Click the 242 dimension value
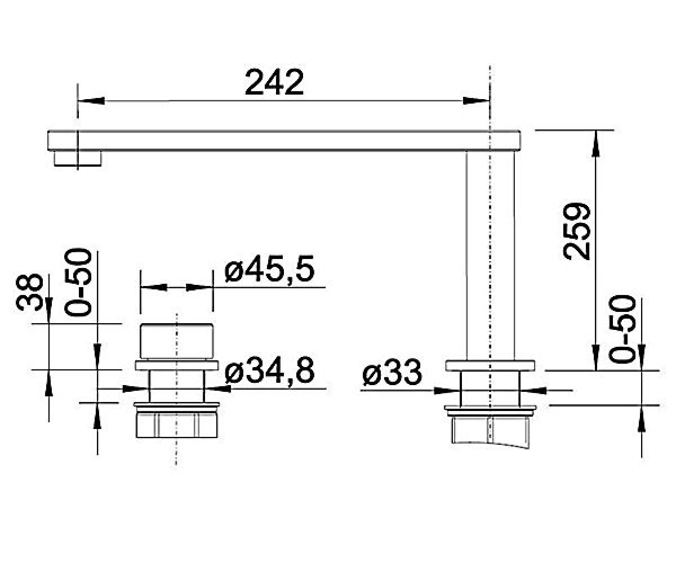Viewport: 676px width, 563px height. [274, 82]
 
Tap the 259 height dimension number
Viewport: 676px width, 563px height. [577, 231]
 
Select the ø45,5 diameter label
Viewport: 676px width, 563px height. [269, 268]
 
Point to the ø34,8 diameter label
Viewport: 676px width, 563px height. [269, 370]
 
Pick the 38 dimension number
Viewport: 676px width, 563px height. [29, 292]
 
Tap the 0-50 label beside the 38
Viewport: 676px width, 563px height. [78, 282]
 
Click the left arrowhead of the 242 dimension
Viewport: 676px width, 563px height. [91, 101]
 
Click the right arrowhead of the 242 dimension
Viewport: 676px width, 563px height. [476, 101]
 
